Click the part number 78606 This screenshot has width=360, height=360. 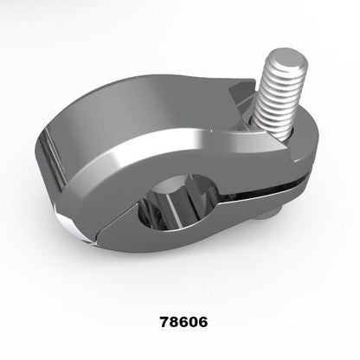pos(179,320)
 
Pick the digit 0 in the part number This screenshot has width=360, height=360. pos(190,320)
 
